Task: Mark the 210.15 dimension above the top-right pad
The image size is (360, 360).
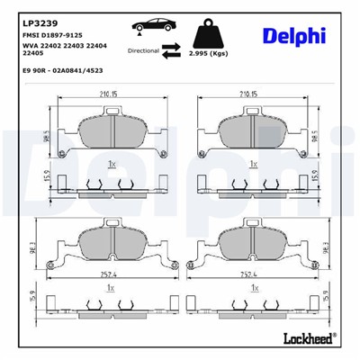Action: pyautogui.click(x=251, y=93)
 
